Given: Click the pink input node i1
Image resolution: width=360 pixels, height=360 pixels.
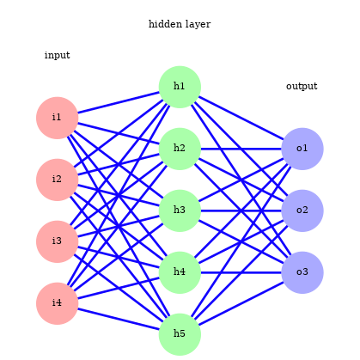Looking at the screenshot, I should coord(57,118).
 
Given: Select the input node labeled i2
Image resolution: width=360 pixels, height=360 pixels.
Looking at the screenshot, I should coord(57,180).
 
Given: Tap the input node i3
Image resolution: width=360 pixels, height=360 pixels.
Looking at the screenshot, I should coord(57,241).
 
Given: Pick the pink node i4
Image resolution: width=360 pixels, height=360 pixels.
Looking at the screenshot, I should coord(57,303).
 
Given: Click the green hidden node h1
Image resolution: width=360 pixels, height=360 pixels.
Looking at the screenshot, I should coord(180,87).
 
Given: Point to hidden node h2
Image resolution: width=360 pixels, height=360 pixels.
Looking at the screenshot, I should coord(180,149).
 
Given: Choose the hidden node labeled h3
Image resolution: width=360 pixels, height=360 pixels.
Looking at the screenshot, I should coord(180,211).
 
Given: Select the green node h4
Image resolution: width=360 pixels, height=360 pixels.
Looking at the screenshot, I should coord(180,272).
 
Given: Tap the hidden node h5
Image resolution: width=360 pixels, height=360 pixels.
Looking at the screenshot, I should coord(180,334).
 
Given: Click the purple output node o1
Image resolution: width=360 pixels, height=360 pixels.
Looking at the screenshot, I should coord(302,149).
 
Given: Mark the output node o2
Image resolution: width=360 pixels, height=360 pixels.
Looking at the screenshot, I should coord(302,211).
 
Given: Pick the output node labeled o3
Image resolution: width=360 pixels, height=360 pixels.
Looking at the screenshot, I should coord(302,272).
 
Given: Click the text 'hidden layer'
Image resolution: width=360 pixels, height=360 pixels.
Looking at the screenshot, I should coord(180,24).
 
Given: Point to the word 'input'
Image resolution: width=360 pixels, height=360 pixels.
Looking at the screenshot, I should coord(57,56).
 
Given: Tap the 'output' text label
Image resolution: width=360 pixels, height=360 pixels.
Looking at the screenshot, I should coord(302,86).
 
